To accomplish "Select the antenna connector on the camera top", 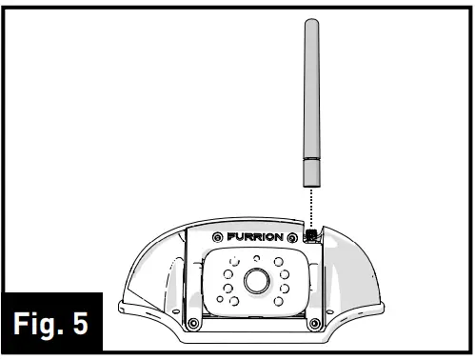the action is [309, 233].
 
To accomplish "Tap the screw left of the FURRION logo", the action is [219, 236].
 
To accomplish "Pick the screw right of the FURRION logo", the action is [296, 236].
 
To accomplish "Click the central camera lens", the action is [254, 280].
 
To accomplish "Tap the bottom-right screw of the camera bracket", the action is [314, 324].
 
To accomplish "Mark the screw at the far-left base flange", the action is [124, 307].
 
